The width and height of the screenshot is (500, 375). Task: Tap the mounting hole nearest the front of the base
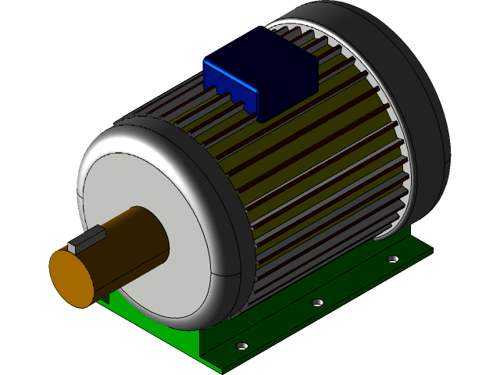[241, 344]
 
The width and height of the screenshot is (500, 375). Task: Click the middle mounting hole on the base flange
[316, 301]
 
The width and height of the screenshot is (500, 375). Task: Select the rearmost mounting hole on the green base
[393, 258]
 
